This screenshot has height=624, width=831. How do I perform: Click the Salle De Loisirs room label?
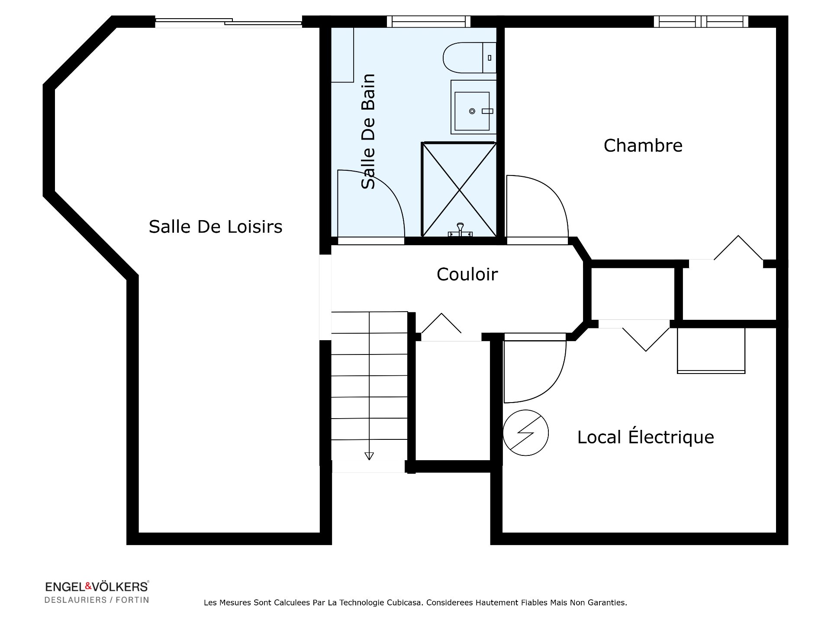pos(215,227)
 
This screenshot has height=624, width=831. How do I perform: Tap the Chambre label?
pos(643,146)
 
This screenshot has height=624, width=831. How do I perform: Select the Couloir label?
pos(467,274)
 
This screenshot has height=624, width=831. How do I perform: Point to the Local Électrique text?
pos(645,437)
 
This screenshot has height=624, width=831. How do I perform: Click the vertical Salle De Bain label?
pos(368,131)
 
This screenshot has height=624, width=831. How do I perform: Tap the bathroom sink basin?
pos(472,111)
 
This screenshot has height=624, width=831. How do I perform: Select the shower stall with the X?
pos(459,189)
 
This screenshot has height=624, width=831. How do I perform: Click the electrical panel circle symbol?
pos(525,433)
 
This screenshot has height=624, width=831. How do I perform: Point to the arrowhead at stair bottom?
pos(369,456)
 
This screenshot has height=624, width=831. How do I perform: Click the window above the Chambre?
pos(701,22)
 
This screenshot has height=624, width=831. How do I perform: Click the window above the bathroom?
pos(428,22)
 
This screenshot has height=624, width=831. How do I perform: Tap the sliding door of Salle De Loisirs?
pos(229,22)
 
